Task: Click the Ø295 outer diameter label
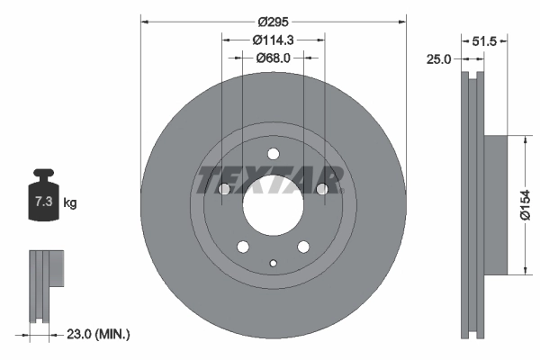(273, 22)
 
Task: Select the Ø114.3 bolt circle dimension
(273, 40)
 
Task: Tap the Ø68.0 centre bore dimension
(273, 58)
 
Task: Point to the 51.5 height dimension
(487, 40)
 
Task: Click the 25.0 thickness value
(438, 59)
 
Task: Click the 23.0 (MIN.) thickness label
(99, 335)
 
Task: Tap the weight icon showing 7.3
(42, 199)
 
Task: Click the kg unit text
(71, 203)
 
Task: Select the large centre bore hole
(273, 204)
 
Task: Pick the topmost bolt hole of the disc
(273, 153)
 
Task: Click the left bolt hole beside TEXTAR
(224, 189)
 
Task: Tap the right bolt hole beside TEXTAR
(321, 189)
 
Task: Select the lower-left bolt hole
(242, 246)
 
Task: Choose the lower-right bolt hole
(303, 246)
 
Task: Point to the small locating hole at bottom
(273, 263)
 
